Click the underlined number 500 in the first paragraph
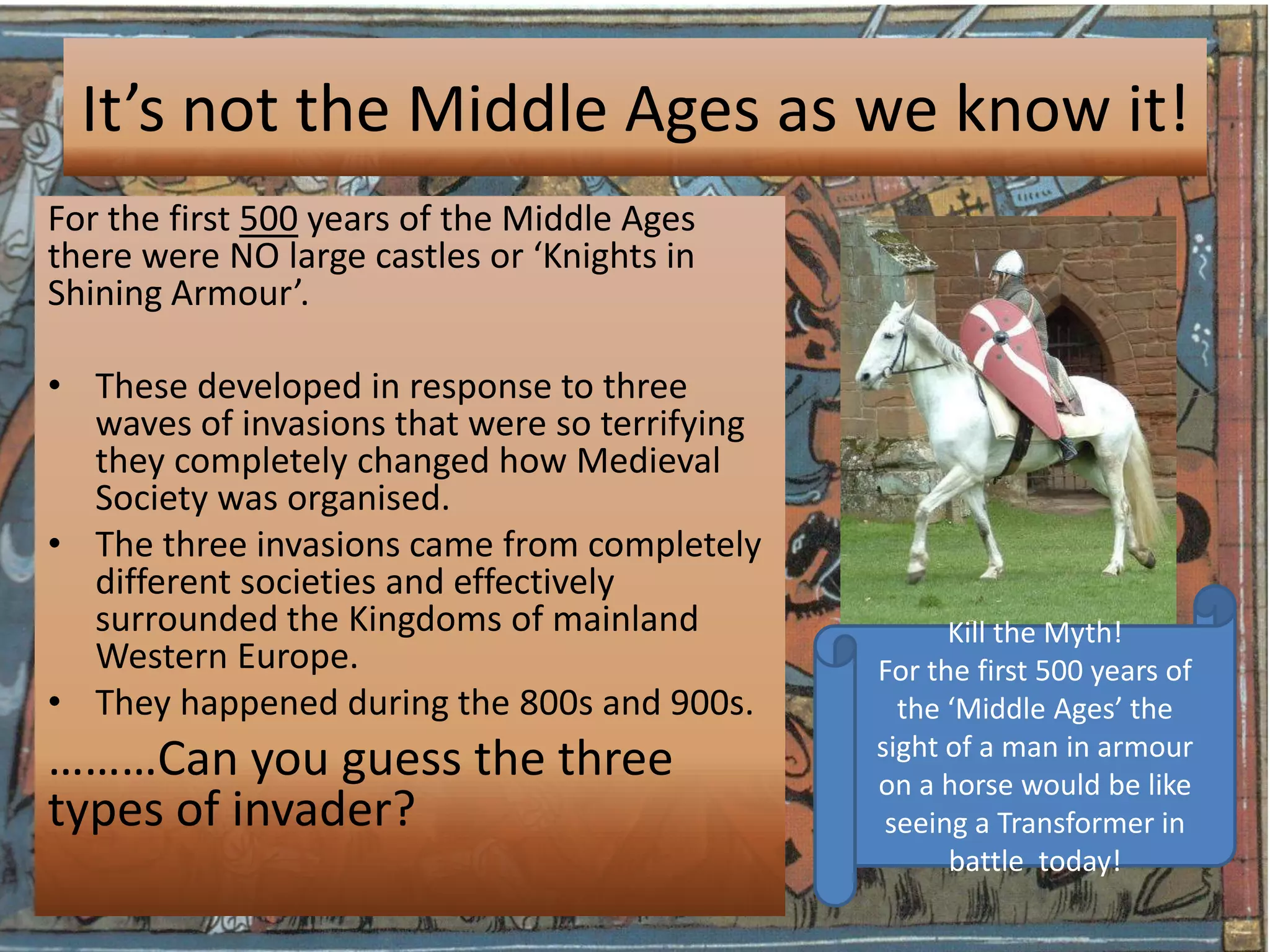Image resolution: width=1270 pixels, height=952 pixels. coord(269,219)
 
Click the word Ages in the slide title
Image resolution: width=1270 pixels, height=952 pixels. coord(691,112)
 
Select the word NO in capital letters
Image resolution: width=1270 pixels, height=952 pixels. coord(254,256)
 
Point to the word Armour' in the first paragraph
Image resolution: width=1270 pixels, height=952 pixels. coord(239,293)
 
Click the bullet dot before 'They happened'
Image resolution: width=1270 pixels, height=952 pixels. coord(56,702)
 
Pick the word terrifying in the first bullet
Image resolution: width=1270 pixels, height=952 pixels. coord(672,425)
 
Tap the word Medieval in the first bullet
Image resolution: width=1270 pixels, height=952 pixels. coord(648,461)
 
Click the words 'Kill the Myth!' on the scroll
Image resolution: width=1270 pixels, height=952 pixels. coord(1034,633)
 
